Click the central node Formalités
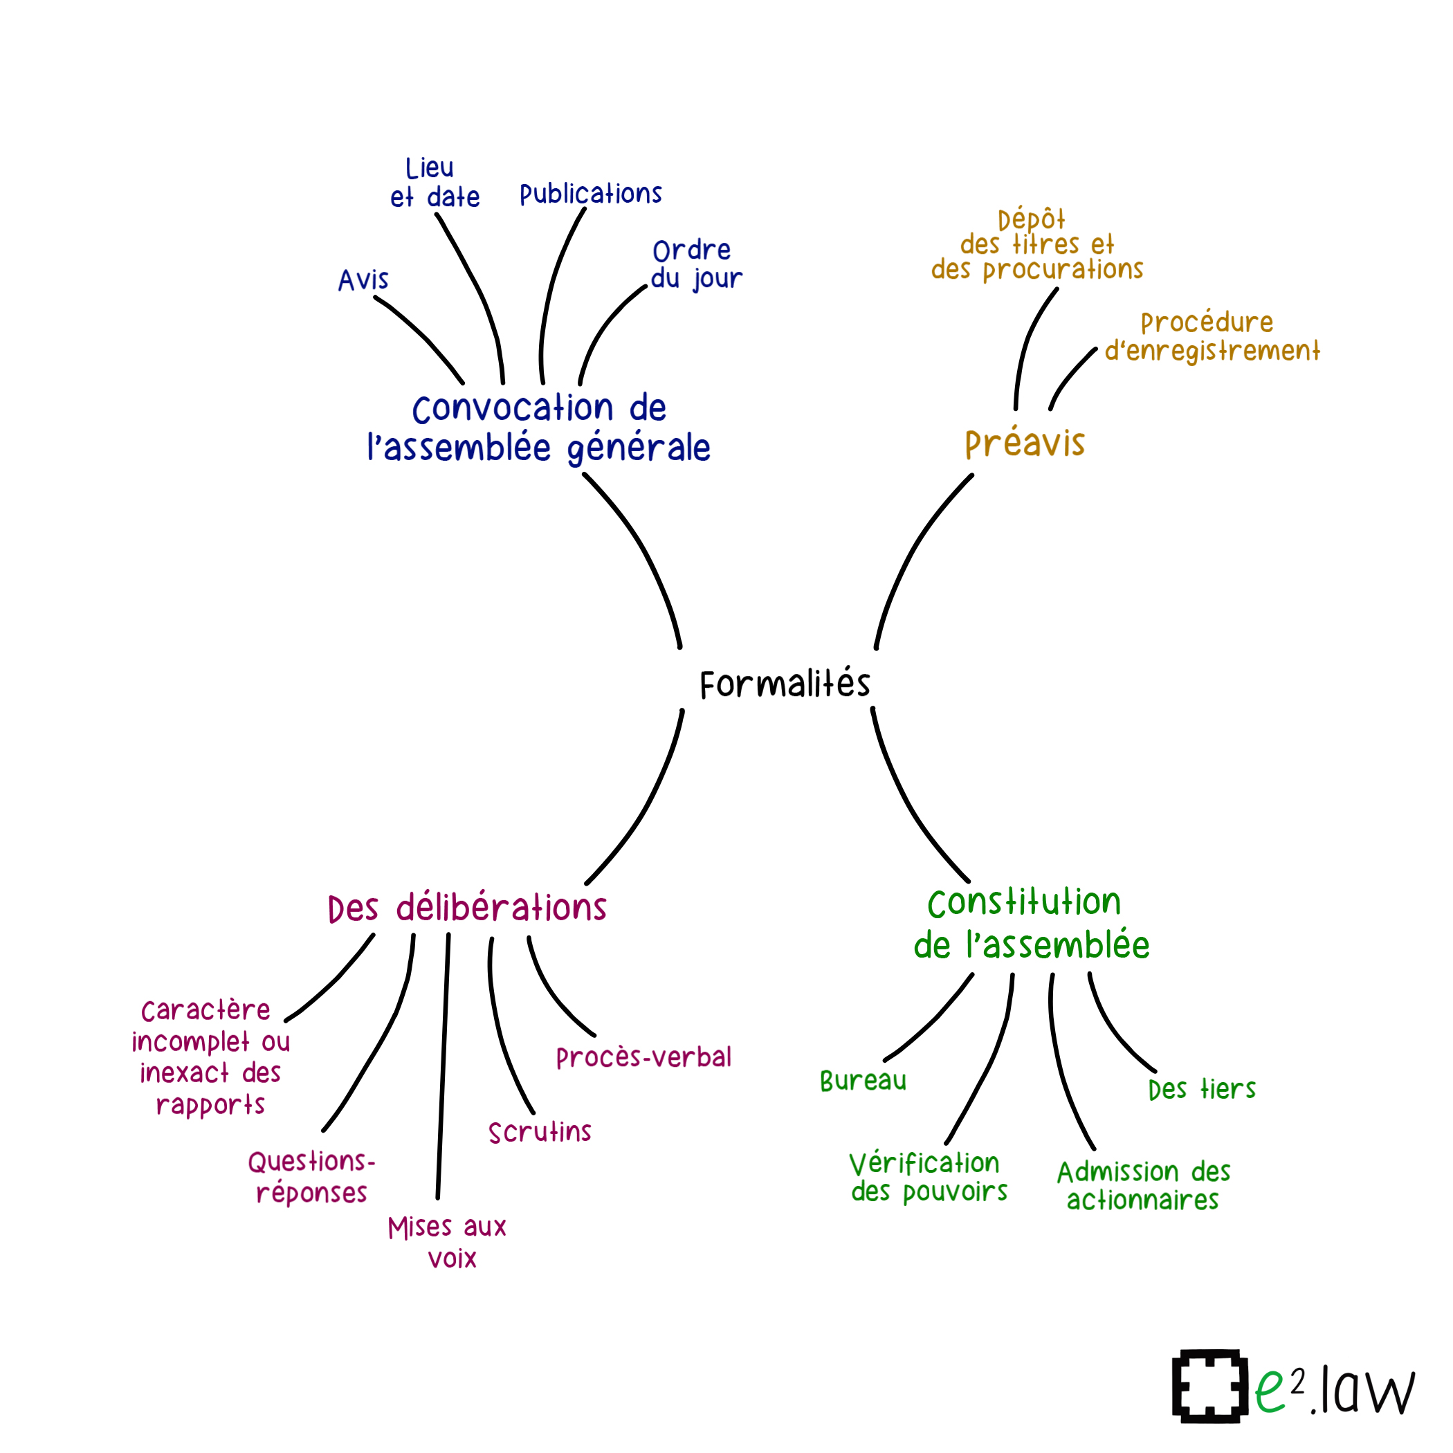(x=785, y=684)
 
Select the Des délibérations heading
(x=467, y=908)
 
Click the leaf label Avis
(x=363, y=280)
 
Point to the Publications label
(x=590, y=194)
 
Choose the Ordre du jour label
(x=695, y=264)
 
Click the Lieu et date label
(x=434, y=183)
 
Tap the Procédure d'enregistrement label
(x=1212, y=337)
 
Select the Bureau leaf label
(x=863, y=1081)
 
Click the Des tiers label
(x=1201, y=1090)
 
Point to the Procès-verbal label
(x=643, y=1057)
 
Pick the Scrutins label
(x=539, y=1132)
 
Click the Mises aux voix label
(x=448, y=1243)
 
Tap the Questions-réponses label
(x=311, y=1178)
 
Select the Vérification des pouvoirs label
(x=928, y=1178)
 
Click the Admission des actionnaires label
(x=1143, y=1186)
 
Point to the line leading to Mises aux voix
(x=443, y=1068)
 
